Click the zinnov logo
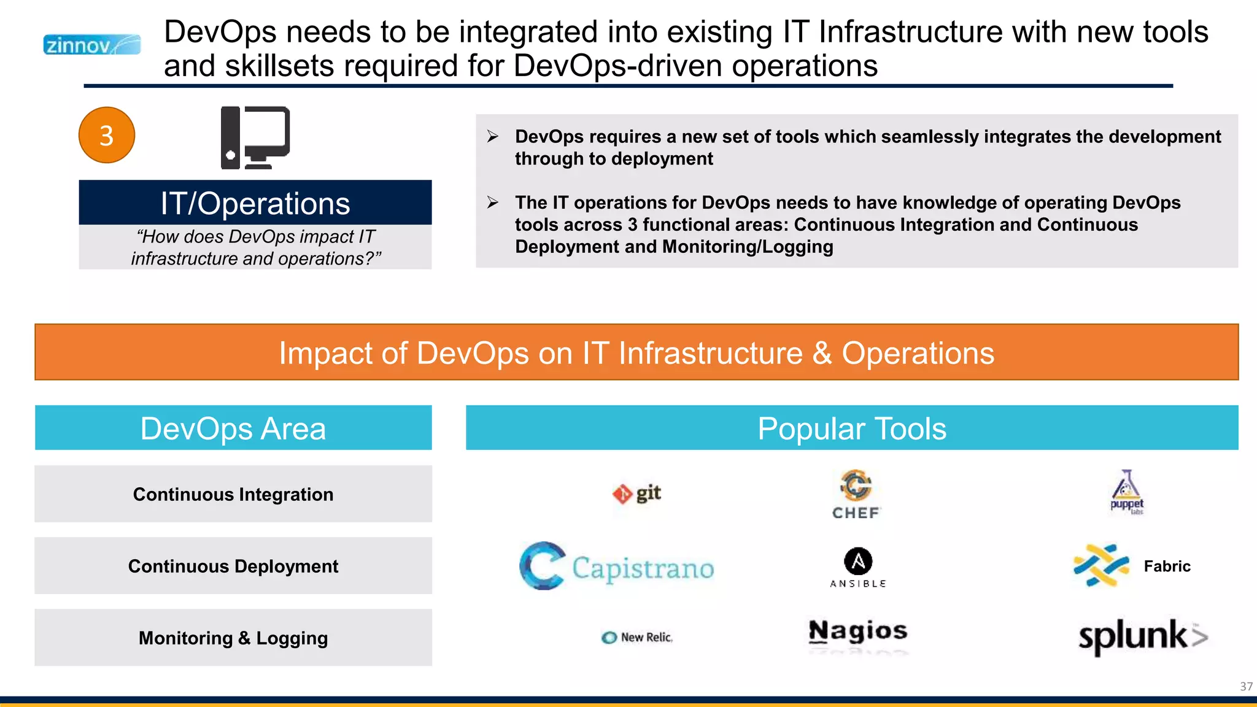click(91, 45)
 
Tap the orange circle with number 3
click(107, 135)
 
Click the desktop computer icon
click(255, 137)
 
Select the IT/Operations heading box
click(255, 203)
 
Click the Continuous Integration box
click(233, 494)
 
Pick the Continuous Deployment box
click(233, 566)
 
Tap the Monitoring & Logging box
click(233, 638)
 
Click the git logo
click(636, 493)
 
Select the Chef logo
click(856, 495)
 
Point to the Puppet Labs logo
click(1127, 492)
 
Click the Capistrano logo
click(617, 566)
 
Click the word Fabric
click(1167, 566)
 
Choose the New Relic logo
click(637, 638)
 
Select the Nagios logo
click(858, 632)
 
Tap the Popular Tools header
click(852, 428)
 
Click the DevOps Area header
click(233, 428)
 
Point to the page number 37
click(1246, 686)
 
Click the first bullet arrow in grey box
click(492, 136)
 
